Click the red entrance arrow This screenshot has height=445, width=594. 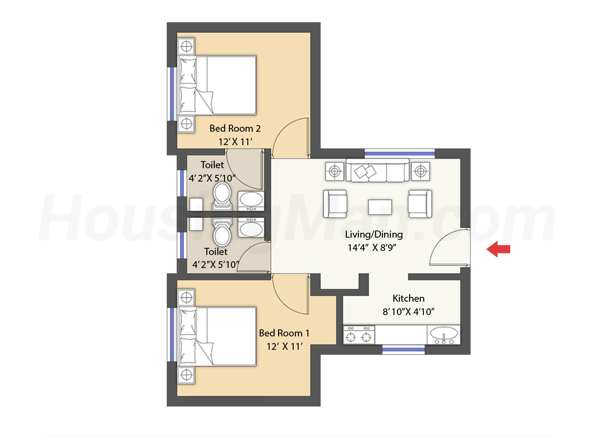tap(498, 249)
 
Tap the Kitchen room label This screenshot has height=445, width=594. tap(408, 298)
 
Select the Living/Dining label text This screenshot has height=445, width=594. tap(374, 234)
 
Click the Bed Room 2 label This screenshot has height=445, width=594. tap(235, 128)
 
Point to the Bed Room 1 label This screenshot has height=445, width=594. tap(284, 333)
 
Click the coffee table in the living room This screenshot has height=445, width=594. tap(380, 207)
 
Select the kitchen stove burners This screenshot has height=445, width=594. tap(359, 335)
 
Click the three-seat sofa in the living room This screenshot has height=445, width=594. tap(377, 170)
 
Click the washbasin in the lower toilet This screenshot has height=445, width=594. tap(251, 228)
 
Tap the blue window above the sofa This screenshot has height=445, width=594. tap(399, 154)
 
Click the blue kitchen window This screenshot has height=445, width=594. tap(403, 349)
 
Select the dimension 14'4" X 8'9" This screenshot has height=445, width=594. tap(372, 247)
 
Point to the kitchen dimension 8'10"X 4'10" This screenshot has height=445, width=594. tap(408, 312)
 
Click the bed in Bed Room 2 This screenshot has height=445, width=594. tap(217, 85)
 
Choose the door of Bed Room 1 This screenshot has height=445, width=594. tap(291, 294)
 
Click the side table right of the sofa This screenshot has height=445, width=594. tap(420, 171)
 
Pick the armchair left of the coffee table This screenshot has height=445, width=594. tap(335, 204)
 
